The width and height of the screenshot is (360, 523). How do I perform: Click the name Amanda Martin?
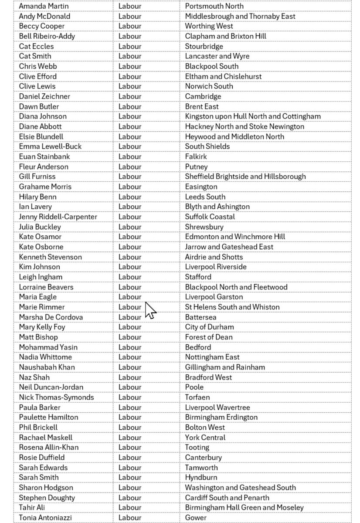click(x=44, y=6)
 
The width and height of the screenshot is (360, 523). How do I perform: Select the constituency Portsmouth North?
click(x=214, y=6)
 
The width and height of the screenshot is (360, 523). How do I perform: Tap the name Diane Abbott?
click(x=40, y=126)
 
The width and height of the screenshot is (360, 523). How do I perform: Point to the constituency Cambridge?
click(x=203, y=96)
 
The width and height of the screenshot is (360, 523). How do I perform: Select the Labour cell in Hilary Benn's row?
click(x=130, y=197)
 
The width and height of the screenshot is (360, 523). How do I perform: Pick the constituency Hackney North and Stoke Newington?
click(x=245, y=126)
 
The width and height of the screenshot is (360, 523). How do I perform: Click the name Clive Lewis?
click(x=37, y=86)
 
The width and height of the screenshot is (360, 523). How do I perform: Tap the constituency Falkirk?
click(x=196, y=156)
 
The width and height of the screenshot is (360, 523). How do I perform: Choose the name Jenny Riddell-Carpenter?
click(x=58, y=217)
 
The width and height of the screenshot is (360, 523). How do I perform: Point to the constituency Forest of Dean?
click(x=208, y=337)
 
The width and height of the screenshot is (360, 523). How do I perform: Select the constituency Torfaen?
click(x=197, y=397)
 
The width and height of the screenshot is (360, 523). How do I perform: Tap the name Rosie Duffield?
click(x=41, y=457)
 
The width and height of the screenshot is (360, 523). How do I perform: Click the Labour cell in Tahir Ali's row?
click(x=130, y=507)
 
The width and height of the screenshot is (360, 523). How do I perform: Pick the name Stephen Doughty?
click(x=47, y=497)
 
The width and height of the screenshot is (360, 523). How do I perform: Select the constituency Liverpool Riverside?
click(x=215, y=267)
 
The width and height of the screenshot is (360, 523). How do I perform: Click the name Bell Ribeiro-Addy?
click(x=47, y=36)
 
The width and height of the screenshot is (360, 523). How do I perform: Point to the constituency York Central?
click(x=205, y=437)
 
